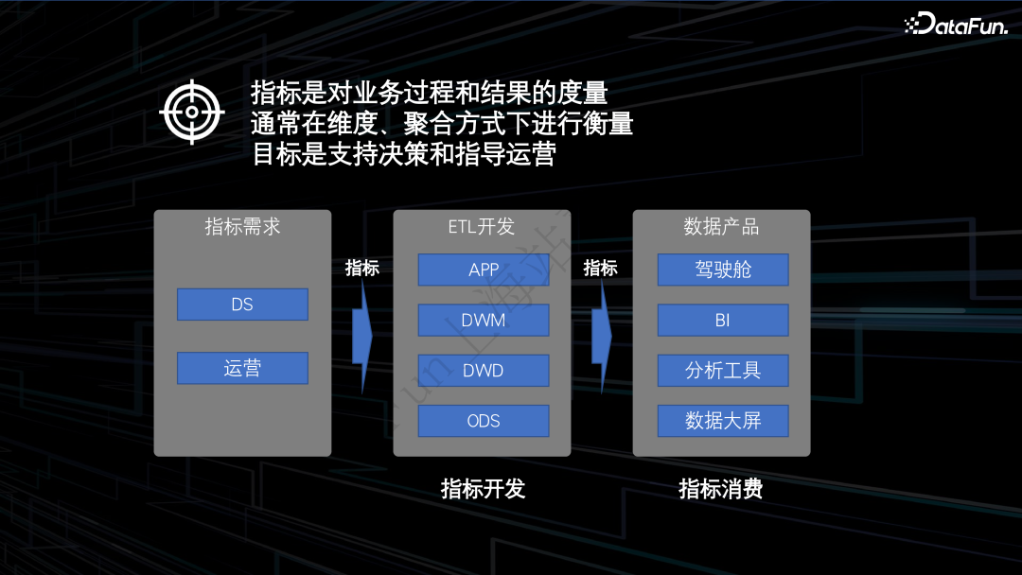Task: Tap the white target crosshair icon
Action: tap(192, 112)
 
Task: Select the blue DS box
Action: tap(242, 305)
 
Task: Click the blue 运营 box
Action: tap(242, 368)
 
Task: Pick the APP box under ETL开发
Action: tap(484, 270)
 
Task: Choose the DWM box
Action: tap(484, 320)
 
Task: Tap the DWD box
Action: tap(484, 371)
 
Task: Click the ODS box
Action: tap(484, 421)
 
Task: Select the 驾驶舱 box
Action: tap(723, 270)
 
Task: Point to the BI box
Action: tap(723, 320)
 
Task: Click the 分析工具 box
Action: tap(723, 371)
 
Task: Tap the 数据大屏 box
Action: tap(723, 421)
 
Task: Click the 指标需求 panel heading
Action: tap(242, 227)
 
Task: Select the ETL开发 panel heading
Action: tap(482, 227)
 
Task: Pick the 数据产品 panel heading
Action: tap(721, 227)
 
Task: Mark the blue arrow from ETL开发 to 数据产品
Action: tap(601, 334)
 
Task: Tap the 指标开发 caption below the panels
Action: tap(483, 488)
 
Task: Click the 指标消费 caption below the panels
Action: tap(721, 488)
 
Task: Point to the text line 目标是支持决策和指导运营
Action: tap(403, 154)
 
